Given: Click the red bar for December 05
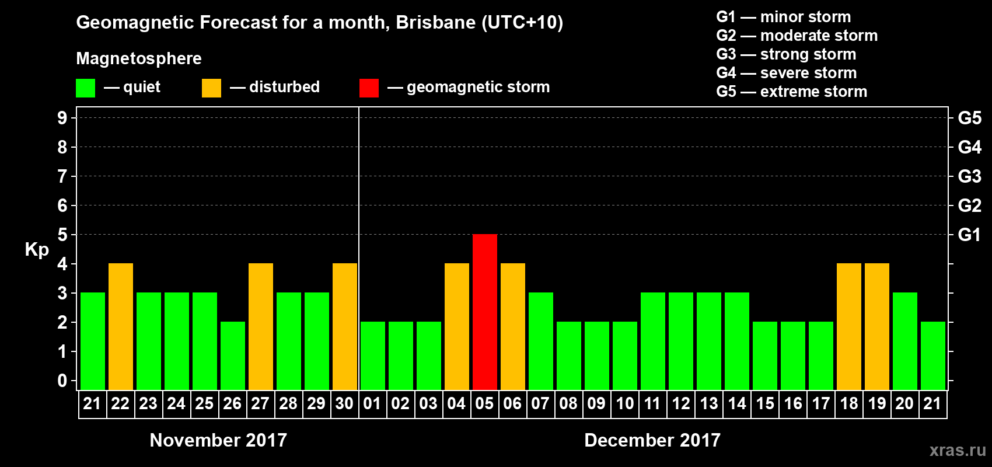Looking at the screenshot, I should (x=485, y=312).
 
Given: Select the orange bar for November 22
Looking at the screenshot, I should (x=121, y=326).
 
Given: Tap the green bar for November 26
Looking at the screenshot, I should (x=233, y=356).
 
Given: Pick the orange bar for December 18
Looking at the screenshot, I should (x=849, y=326).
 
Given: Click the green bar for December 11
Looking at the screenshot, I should (x=653, y=341).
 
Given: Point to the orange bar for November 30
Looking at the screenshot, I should (x=345, y=326).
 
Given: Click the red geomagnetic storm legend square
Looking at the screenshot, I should (x=369, y=88).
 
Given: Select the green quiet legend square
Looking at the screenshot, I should (x=85, y=88).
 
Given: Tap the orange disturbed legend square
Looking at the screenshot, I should (x=211, y=88).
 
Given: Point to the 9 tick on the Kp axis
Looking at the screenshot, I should (x=62, y=118).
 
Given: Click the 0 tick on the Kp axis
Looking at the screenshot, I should (x=62, y=381).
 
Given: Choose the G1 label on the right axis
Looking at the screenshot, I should (x=969, y=235).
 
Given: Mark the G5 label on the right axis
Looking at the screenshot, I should (x=969, y=118).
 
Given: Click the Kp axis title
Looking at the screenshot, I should (x=37, y=249).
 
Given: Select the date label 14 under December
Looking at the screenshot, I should (x=737, y=403).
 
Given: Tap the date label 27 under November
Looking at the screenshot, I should (x=260, y=403).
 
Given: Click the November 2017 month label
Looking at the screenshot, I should (x=218, y=440).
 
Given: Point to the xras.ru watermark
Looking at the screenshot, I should (x=958, y=450).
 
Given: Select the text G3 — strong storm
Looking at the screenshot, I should (x=786, y=54).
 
